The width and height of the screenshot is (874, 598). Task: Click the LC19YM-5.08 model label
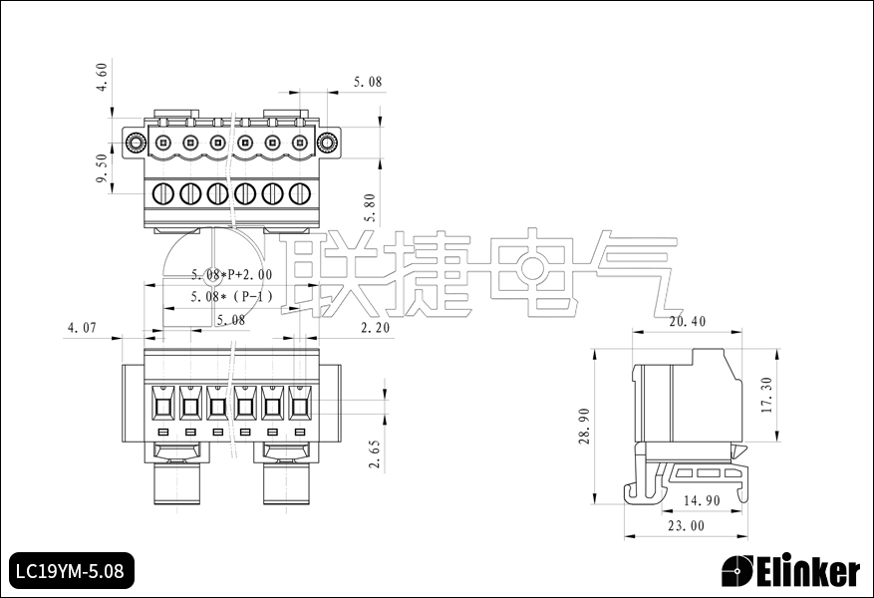[70, 571]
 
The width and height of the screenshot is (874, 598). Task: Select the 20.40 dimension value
[688, 322]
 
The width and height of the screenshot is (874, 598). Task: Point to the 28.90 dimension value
[585, 426]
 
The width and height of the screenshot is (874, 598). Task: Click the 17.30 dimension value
[765, 396]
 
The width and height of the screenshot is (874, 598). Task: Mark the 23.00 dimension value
[686, 526]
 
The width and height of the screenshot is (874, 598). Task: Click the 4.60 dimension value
[101, 77]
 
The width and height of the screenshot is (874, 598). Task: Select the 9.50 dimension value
[101, 168]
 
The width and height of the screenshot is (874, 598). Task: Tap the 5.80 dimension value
[370, 206]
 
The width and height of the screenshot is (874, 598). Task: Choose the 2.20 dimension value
[375, 327]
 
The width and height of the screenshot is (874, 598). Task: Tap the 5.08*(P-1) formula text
[231, 297]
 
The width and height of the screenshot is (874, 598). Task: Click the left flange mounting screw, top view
[137, 143]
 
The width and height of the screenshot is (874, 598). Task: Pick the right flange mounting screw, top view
[325, 143]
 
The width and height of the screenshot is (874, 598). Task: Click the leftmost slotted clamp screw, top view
[163, 193]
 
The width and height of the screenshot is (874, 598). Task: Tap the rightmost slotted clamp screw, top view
[300, 193]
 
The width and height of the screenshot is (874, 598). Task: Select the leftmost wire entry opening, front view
[162, 406]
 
